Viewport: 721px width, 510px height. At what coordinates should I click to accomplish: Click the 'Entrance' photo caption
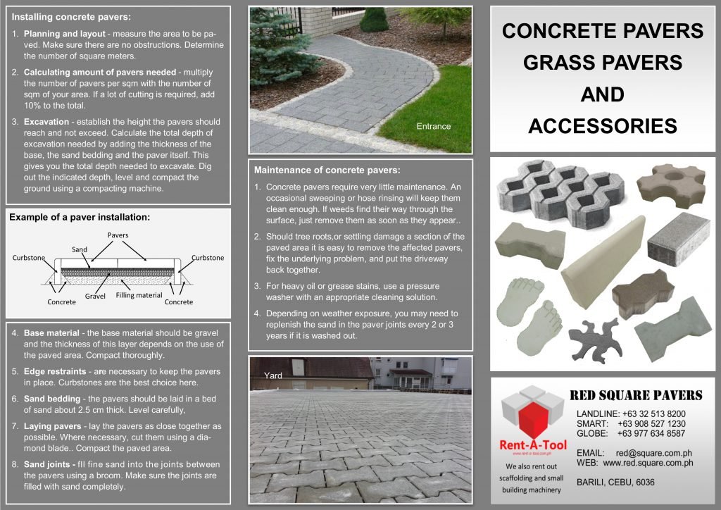point(433,126)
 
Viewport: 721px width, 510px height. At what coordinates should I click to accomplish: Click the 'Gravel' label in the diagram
point(95,297)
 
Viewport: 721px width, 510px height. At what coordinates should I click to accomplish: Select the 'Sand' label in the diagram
point(80,249)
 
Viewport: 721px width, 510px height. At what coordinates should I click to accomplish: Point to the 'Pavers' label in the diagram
point(118,235)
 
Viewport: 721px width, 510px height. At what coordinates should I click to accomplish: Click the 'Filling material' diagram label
point(139,295)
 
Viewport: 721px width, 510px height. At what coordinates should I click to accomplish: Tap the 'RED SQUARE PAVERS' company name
point(635,394)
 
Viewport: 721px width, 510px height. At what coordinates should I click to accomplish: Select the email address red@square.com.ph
point(654,453)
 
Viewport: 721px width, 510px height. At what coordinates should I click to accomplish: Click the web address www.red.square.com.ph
point(648,463)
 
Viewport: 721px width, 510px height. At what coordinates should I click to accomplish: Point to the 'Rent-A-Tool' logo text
point(532,444)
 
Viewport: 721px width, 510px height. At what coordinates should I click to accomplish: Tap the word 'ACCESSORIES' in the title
point(602,126)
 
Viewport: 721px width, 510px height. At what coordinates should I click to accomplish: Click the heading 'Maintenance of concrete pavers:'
point(327,170)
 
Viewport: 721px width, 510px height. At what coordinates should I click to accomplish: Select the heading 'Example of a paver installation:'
point(80,218)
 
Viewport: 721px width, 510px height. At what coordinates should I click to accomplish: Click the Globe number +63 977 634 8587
point(651,433)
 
